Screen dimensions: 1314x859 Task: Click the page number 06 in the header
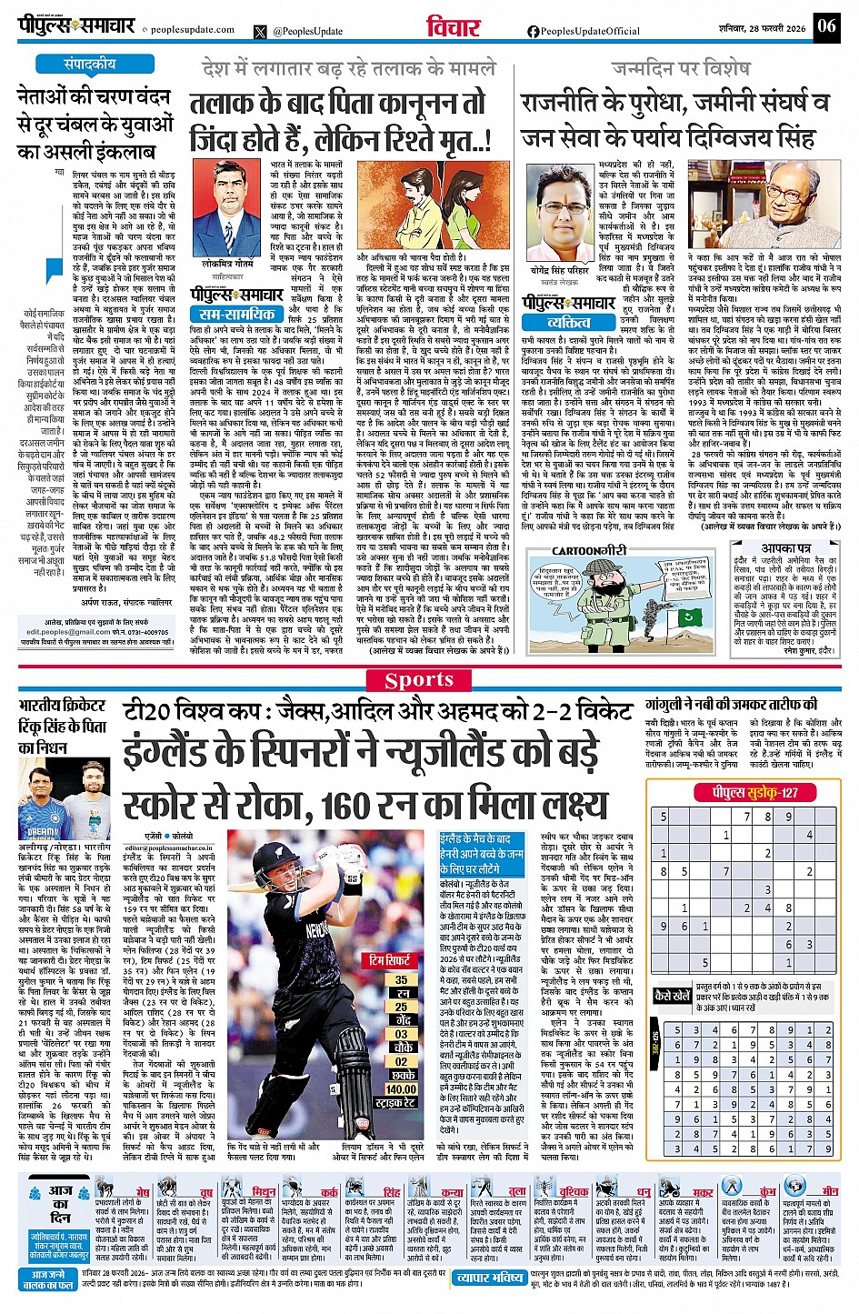tap(826, 25)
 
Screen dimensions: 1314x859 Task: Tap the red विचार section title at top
tap(454, 27)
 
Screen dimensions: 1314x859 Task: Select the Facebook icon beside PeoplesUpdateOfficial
tap(533, 31)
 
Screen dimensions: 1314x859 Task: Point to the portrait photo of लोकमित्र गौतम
tap(227, 208)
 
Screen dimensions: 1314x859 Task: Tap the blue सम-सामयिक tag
tap(238, 315)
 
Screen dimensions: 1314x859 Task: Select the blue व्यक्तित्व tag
tap(569, 322)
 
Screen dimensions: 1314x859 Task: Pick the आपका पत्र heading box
tap(786, 548)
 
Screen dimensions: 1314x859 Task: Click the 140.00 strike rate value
tap(401, 1088)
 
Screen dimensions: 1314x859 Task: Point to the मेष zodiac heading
tap(143, 1191)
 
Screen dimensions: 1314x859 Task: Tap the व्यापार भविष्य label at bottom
tap(490, 1279)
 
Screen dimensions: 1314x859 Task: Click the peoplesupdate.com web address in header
tap(193, 29)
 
